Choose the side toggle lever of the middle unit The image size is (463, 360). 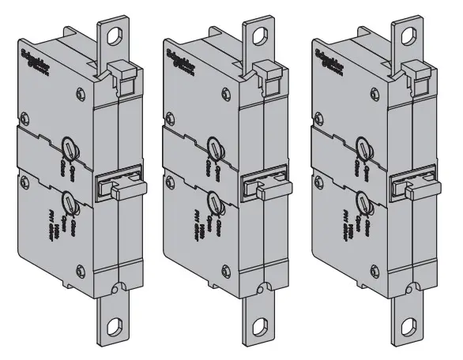click(263, 189)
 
